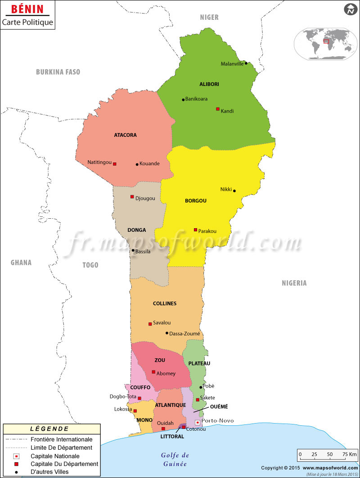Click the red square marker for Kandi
click(x=218, y=109)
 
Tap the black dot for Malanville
click(x=246, y=63)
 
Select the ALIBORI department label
click(x=209, y=84)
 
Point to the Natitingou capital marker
click(x=115, y=164)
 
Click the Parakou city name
click(x=207, y=231)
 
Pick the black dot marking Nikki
click(x=234, y=191)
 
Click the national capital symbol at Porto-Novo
click(x=197, y=423)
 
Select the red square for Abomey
click(x=153, y=372)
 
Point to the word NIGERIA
click(x=294, y=283)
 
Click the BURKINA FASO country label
click(x=58, y=72)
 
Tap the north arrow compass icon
click(x=350, y=9)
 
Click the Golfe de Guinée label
click(x=175, y=460)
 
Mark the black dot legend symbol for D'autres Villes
click(x=17, y=472)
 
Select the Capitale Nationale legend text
click(x=55, y=456)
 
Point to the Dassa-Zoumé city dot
click(x=167, y=333)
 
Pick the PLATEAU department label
click(x=199, y=363)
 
